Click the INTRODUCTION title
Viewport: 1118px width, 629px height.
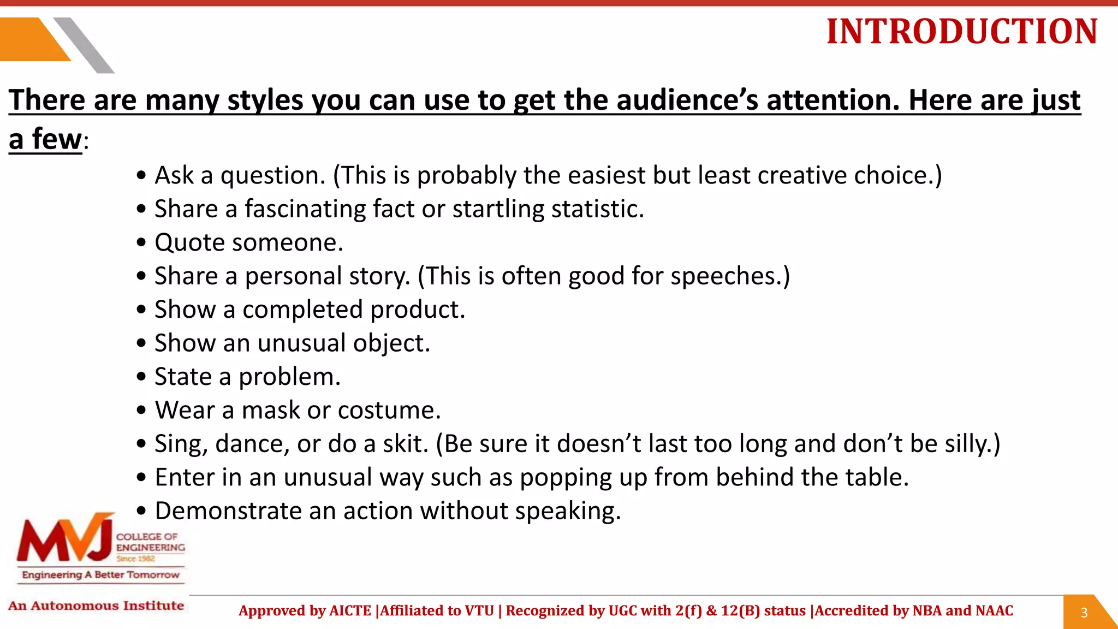point(962,32)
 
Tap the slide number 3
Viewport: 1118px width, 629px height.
point(1084,613)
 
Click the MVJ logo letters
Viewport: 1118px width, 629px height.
point(64,541)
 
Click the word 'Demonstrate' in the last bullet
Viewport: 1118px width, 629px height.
point(228,511)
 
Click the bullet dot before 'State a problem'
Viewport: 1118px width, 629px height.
point(142,377)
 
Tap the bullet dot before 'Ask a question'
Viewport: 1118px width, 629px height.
point(142,176)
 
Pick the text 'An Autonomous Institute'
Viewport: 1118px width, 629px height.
point(96,606)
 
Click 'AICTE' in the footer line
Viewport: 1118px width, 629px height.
point(350,610)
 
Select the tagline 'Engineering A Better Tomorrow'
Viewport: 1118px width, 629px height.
point(100,574)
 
